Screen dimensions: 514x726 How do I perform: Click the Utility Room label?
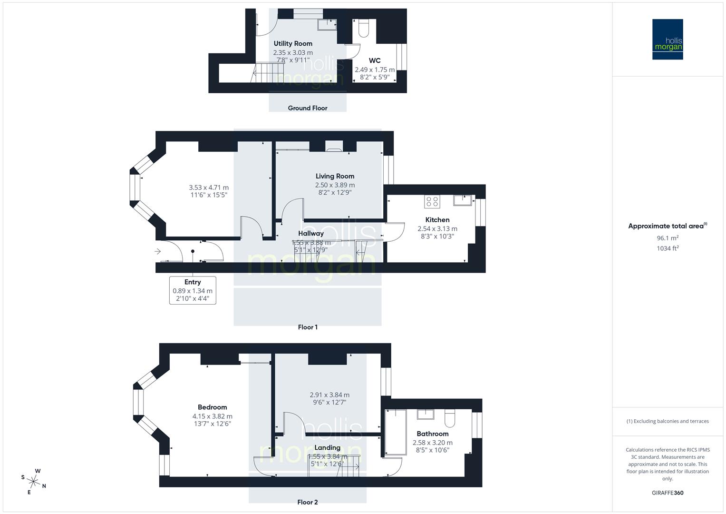pos(293,44)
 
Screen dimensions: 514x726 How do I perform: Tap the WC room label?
pos(375,60)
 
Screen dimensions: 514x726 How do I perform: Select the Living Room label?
pos(335,176)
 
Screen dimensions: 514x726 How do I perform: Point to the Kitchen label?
pos(437,220)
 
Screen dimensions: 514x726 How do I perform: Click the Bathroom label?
pos(432,434)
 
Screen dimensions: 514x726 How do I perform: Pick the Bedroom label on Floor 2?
pos(212,407)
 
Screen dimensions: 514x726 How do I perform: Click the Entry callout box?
pos(193,290)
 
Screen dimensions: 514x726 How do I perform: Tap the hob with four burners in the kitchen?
pos(432,202)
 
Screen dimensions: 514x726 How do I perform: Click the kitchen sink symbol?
pos(462,200)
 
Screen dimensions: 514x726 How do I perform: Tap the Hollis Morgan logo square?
pos(668,40)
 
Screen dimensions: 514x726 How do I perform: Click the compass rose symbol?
pos(33,481)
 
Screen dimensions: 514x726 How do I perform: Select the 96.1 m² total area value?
pos(668,238)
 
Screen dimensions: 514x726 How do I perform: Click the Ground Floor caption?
pos(308,108)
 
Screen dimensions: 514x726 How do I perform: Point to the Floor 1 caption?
pos(308,327)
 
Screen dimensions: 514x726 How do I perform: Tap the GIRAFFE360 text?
pos(668,493)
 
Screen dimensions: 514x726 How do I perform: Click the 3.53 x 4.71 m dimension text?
pos(209,188)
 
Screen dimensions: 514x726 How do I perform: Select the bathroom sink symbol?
pos(425,414)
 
